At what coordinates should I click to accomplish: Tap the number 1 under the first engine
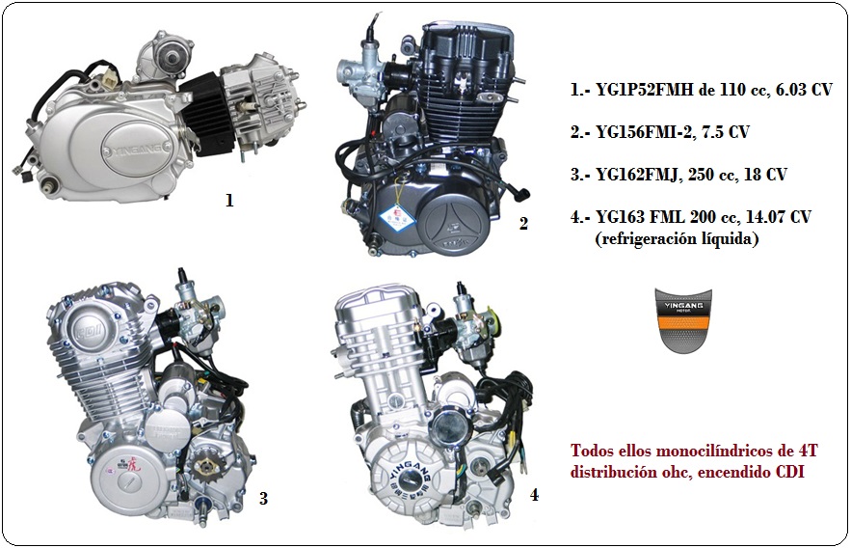[x=229, y=201]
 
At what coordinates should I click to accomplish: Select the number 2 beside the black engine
[x=523, y=223]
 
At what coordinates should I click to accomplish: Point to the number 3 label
[x=263, y=498]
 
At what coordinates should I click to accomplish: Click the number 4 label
[x=534, y=495]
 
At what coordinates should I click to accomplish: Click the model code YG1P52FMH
[x=644, y=89]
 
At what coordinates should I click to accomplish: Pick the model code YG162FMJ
[x=638, y=175]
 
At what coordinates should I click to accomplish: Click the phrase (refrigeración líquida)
[x=677, y=238]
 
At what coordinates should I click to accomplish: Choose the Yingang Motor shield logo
[x=683, y=320]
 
